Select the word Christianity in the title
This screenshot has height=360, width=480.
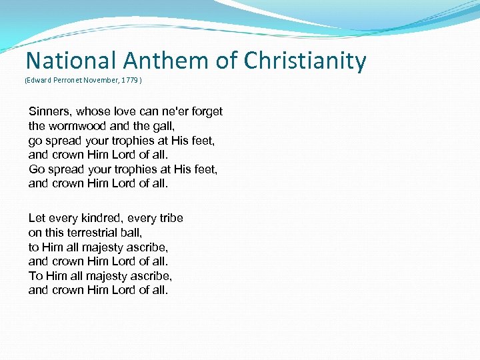pos(305,61)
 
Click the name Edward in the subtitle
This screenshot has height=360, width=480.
pos(37,79)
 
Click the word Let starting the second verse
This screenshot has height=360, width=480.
pos(37,218)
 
